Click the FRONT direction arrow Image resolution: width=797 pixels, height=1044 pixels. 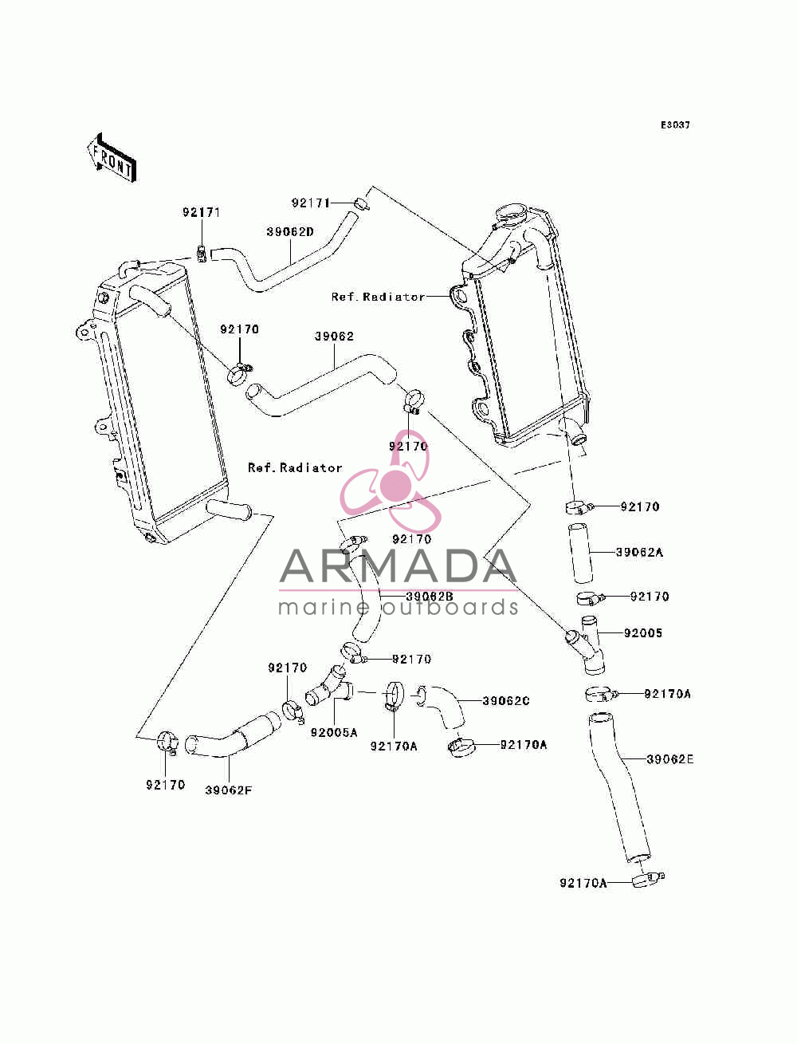112,158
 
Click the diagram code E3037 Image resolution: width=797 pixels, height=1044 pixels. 675,125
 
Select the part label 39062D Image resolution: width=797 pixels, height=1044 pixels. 290,232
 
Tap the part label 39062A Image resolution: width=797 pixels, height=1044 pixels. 639,552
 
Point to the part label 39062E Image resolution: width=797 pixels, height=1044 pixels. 669,759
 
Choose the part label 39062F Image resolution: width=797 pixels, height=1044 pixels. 228,790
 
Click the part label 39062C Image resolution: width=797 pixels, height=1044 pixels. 505,700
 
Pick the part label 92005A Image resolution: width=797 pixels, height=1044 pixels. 334,732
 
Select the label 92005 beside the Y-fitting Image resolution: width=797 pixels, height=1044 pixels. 643,633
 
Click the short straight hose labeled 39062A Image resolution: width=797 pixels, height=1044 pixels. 579,554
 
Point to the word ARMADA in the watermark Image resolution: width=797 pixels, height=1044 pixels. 398,566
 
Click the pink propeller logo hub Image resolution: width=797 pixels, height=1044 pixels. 396,483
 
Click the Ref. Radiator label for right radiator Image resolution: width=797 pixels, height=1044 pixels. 378,297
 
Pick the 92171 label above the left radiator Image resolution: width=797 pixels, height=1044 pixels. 202,212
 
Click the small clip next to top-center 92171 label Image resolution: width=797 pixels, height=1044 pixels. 362,204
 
